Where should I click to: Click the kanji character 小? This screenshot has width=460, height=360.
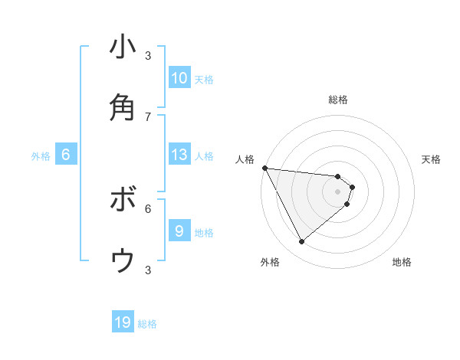123,47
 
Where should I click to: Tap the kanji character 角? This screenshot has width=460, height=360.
123,107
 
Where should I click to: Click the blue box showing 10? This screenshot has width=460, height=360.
179,78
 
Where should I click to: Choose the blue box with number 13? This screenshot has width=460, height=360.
179,155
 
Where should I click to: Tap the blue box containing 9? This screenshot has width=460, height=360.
179,231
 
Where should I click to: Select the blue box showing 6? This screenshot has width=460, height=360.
66,155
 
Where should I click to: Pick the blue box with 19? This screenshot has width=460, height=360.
123,323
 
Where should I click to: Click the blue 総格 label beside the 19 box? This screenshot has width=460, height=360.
147,324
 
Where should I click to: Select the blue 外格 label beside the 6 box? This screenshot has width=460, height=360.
41,155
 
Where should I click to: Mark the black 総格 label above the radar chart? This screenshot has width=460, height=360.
338,100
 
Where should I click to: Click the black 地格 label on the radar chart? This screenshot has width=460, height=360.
402,263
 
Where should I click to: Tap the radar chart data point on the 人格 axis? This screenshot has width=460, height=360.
264,168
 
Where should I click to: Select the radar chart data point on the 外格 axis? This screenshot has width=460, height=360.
301,242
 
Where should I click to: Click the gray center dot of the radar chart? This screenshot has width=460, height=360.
337,191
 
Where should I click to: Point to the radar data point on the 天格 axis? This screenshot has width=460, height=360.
352,186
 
